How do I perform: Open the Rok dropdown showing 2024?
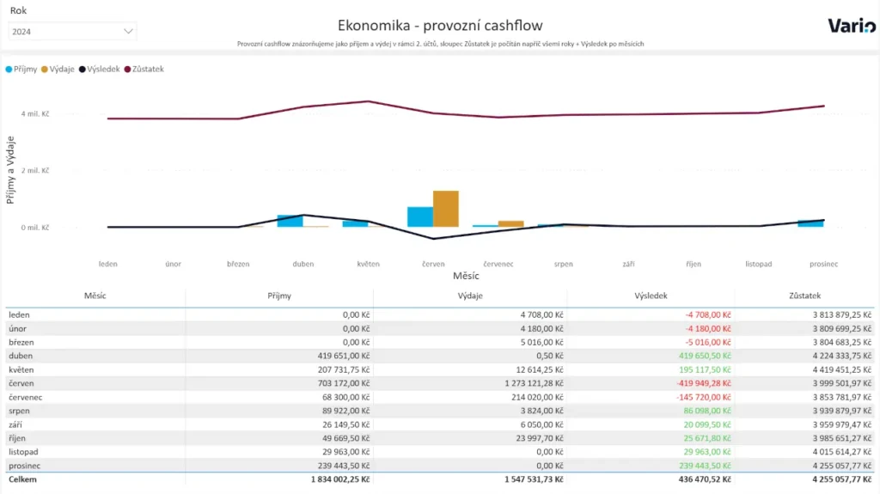72,31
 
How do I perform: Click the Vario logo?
852,26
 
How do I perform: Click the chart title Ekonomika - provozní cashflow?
440,26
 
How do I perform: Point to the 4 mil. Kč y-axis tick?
34,113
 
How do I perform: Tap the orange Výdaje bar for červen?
446,209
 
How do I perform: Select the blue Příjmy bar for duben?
290,221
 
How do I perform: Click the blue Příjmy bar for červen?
419,217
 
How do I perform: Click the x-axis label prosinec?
823,264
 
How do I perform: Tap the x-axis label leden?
108,264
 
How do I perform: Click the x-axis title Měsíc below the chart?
466,276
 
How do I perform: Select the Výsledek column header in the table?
651,296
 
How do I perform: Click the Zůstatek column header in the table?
804,296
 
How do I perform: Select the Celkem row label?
23,479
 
